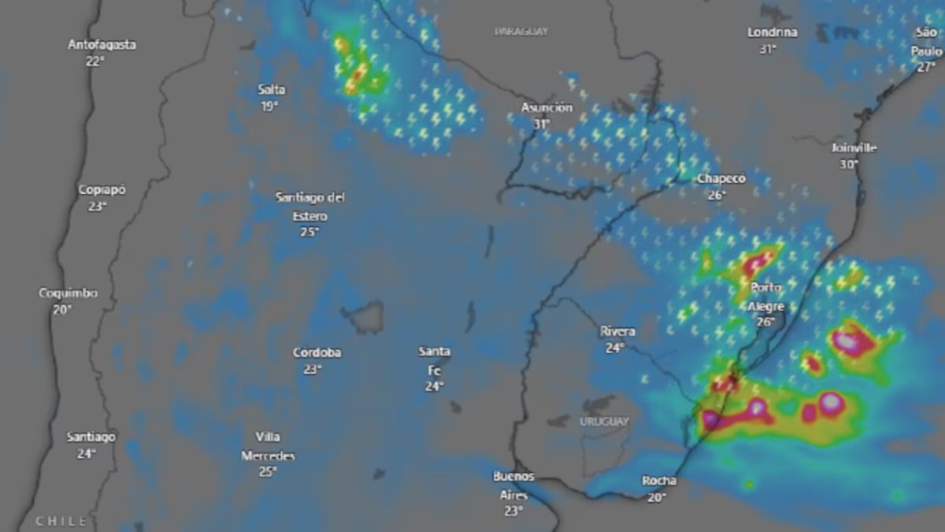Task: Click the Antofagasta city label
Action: pos(102,44)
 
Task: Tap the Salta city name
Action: pos(272,89)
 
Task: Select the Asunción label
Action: pos(546,107)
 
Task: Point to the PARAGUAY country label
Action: pos(521,32)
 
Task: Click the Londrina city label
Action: pos(773,32)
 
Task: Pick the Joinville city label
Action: pos(854,147)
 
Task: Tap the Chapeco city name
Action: pos(721,179)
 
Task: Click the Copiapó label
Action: pos(102,190)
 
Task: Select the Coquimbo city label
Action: pos(69,293)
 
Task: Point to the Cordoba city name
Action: pos(317,352)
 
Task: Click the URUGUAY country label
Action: pos(605,422)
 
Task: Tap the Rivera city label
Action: pos(617,332)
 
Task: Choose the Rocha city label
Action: pos(659,481)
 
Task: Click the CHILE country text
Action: pos(61,522)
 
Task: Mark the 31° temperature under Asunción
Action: pos(541,125)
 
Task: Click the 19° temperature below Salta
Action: pos(270,106)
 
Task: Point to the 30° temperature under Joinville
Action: pos(848,165)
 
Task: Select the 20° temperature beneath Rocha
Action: pos(657,497)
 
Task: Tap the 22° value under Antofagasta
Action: pos(96,61)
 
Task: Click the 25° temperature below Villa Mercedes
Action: pos(268,471)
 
